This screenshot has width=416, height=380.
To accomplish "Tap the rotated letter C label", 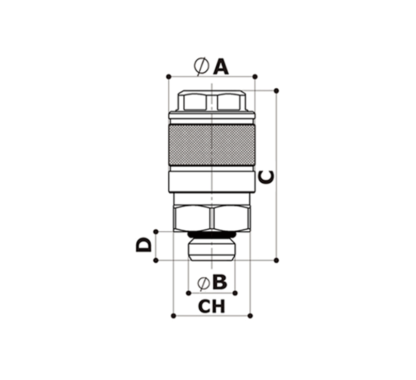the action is coord(266,177).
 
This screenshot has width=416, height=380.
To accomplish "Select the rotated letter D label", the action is coord(143,244).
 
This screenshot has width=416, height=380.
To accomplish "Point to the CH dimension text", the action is coord(212,306).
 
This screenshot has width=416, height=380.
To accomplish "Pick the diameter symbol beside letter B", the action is coord(203,283).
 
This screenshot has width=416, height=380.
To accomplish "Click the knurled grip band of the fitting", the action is coord(212,145).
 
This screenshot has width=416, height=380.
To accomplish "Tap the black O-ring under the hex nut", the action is coord(212,235).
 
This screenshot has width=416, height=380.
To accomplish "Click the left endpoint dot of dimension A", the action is coord(168,77).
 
